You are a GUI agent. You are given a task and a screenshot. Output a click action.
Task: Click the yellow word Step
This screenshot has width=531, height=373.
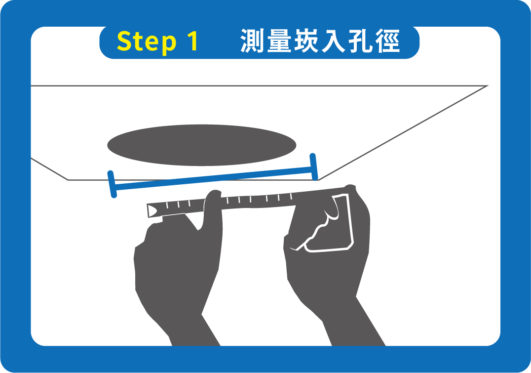147,41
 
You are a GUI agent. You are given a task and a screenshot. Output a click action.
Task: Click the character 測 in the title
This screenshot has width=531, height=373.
252,41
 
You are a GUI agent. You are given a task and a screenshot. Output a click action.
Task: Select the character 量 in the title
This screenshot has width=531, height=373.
279,41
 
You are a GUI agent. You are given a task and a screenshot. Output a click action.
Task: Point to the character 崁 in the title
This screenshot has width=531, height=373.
306,41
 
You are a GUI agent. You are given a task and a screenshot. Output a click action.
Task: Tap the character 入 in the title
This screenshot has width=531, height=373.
333,41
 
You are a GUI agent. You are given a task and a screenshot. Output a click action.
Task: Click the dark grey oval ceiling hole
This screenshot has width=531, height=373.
202,145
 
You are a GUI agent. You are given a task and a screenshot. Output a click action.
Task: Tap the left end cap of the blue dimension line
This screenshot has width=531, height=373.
112,184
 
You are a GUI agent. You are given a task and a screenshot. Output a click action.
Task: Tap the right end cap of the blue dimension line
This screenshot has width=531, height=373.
314,166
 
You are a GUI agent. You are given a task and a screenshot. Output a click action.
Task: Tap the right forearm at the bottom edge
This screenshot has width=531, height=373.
358,339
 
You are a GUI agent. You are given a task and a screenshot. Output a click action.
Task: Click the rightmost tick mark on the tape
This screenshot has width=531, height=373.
291,196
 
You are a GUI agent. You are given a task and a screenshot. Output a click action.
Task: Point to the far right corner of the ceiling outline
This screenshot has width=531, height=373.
488,86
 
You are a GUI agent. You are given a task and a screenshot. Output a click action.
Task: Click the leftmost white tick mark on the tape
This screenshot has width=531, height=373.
167,205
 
